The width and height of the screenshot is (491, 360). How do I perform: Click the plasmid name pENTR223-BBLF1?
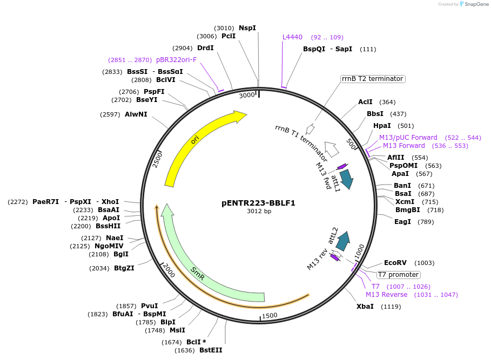(x=259, y=203)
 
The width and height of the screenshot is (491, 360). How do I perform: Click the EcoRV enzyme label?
(x=395, y=263)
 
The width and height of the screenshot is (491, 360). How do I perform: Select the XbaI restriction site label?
(x=365, y=307)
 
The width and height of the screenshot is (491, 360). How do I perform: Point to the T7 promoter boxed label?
(x=399, y=274)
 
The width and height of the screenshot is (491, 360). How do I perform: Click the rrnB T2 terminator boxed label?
(x=373, y=79)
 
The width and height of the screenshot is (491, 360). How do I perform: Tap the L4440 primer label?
(x=293, y=37)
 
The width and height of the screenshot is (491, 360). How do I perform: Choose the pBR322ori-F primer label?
(x=176, y=60)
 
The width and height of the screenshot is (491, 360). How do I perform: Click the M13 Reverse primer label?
(x=386, y=295)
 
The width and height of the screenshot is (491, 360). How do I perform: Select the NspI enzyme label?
(x=247, y=28)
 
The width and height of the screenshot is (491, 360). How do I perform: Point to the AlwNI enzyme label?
(x=136, y=114)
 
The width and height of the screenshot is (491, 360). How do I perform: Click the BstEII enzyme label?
(x=211, y=350)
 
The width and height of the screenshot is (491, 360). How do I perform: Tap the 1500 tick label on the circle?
(x=270, y=316)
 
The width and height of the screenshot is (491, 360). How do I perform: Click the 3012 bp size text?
(x=259, y=211)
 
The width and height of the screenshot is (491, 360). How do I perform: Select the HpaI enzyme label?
(x=382, y=126)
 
